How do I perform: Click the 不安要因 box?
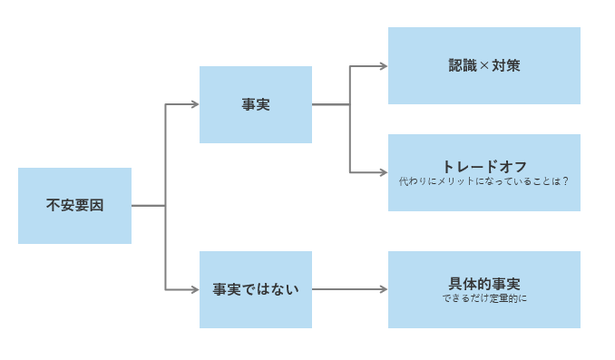[74, 206]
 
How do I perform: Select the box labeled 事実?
[256, 104]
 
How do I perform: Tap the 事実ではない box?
[256, 289]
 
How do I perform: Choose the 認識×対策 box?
[484, 65]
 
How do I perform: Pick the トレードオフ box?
[484, 172]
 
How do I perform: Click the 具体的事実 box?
[484, 289]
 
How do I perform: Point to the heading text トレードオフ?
[484, 167]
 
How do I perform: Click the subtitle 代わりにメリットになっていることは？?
[484, 181]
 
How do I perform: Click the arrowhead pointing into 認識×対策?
[383, 66]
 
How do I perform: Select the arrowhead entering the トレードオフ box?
[383, 172]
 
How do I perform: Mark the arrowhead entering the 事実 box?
[194, 104]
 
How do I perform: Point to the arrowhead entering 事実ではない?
[194, 289]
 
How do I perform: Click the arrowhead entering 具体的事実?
[383, 289]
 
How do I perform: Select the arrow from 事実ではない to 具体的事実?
[348, 289]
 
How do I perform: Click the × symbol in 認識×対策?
[484, 66]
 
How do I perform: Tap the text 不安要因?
[74, 206]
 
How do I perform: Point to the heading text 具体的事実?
[484, 284]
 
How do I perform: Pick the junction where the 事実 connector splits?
[350, 104]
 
